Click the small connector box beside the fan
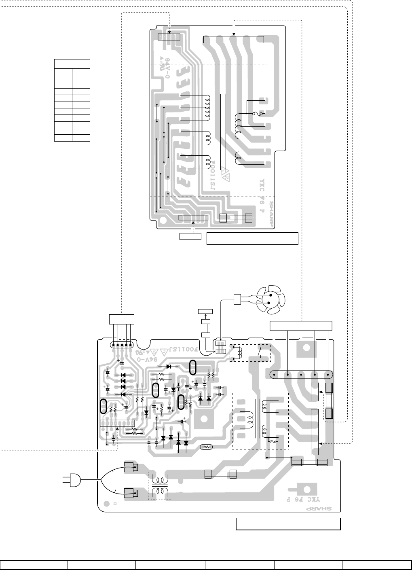tap(237, 300)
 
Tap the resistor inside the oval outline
tap(207, 447)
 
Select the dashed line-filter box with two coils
tap(160, 485)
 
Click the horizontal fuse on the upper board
tap(237, 218)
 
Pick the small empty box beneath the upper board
tap(190, 236)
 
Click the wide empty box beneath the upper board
tap(252, 238)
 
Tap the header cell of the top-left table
tap(72, 64)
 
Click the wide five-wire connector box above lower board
tap(301, 326)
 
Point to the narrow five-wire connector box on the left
tap(122, 319)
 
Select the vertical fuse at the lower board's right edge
tap(329, 401)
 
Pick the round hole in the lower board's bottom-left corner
tap(106, 504)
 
